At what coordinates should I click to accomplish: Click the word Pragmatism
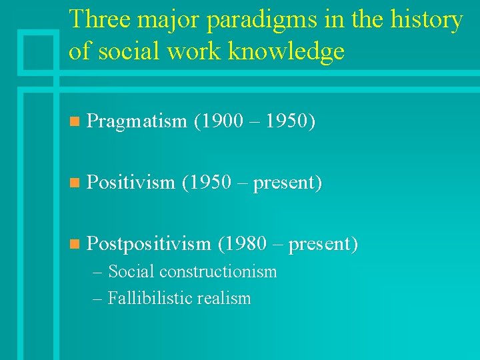(137, 121)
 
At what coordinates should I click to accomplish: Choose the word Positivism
(131, 182)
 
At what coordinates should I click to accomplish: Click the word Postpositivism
(149, 244)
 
